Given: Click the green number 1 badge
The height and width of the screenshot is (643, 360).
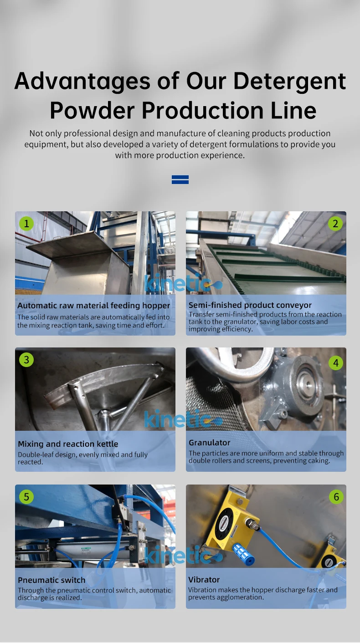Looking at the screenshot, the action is [x=26, y=223].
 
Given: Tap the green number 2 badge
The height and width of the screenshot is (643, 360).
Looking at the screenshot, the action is [x=335, y=223].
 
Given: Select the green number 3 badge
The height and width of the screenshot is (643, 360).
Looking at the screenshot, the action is [x=26, y=360].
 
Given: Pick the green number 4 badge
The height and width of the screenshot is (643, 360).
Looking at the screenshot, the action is [x=336, y=363].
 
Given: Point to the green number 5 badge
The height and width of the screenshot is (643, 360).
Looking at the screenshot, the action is [x=26, y=497].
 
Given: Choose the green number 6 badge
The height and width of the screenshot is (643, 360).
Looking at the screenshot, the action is [x=336, y=497].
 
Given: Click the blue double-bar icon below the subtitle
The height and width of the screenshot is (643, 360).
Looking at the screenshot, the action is [x=180, y=179].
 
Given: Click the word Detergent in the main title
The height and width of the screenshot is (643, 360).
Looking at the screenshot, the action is [x=290, y=81].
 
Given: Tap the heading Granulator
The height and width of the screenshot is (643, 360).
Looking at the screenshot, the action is [x=210, y=443].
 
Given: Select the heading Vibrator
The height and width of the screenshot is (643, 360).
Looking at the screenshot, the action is [x=204, y=580].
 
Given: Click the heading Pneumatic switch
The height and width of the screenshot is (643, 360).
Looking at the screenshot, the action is [x=51, y=580].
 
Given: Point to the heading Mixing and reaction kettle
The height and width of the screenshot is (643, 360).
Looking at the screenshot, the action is [x=68, y=444].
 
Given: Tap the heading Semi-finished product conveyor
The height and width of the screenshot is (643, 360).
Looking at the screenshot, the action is [x=250, y=305].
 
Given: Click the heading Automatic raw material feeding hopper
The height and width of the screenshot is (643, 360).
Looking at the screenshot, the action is [x=94, y=306].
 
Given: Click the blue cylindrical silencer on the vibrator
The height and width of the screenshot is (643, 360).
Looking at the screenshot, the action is [x=243, y=554].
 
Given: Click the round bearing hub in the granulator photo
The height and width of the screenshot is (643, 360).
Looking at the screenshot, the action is [x=305, y=385].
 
